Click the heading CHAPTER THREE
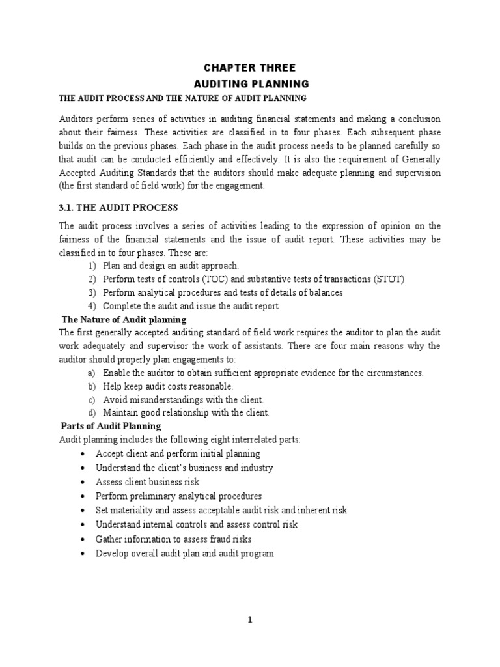click(250, 68)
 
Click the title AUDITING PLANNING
click(250, 84)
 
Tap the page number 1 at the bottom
click(249, 620)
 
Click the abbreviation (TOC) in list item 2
click(207, 279)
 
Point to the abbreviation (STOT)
click(388, 279)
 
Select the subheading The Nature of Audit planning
click(124, 320)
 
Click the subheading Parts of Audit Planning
click(111, 427)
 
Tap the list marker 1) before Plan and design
click(91, 266)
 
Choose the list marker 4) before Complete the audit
click(91, 306)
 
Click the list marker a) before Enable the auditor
click(91, 373)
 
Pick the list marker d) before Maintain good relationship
click(91, 413)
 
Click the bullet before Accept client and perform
click(80, 454)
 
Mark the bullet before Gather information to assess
click(80, 539)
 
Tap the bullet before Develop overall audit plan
click(80, 554)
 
